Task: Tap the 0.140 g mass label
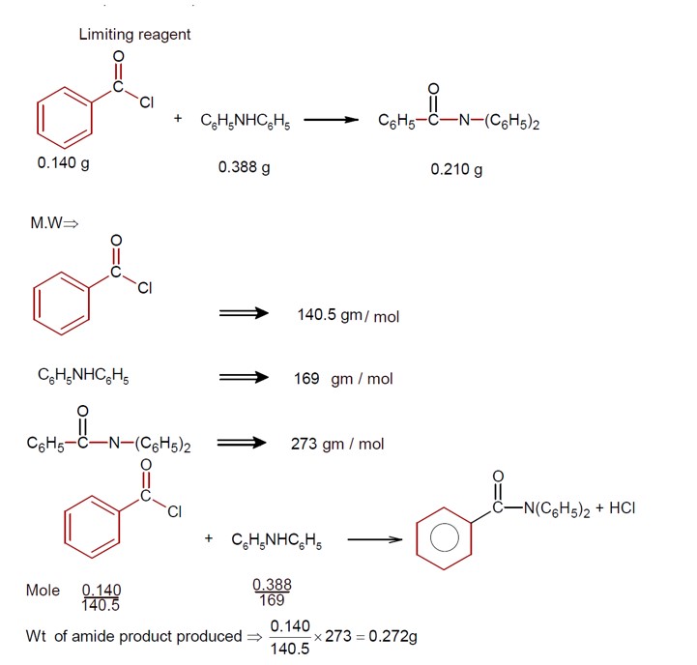point(63,163)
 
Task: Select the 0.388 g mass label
point(244,167)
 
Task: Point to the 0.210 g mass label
point(456,169)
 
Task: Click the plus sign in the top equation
point(178,120)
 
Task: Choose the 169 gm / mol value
point(343,379)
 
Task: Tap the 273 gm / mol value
point(337,444)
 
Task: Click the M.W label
point(54,223)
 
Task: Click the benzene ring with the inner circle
point(444,539)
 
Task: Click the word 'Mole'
point(43,590)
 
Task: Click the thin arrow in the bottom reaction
point(373,540)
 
